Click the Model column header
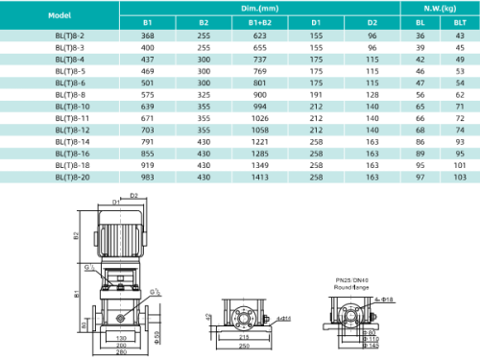point(59,14)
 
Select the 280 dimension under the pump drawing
point(123,352)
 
